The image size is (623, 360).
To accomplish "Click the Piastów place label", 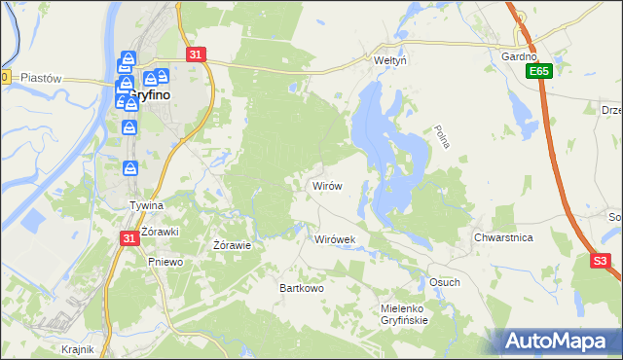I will point(41,78).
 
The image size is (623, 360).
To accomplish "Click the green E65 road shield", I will point(538,72).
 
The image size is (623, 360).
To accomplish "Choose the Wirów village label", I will point(325,185).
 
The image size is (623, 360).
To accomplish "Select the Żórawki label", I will point(157,231).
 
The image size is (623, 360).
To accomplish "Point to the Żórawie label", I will point(233,245).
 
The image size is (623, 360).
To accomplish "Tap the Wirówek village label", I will point(336,238).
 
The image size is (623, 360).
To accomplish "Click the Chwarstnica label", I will point(503,237).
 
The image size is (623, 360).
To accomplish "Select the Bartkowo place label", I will point(302,288).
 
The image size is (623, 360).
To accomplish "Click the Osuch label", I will point(444,282).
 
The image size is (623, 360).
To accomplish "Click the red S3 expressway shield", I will point(600,261).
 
